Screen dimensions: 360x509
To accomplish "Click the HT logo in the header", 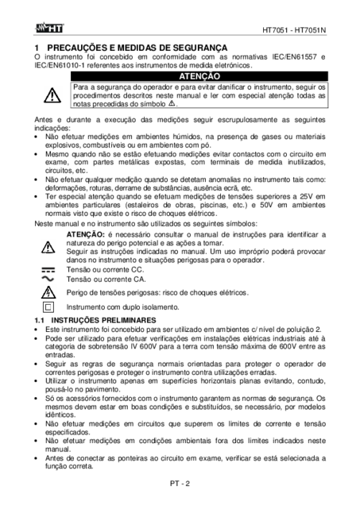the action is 48,29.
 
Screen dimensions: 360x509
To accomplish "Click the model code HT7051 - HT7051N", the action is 294,30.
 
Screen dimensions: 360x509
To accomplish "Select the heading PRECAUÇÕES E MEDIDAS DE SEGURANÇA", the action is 139,48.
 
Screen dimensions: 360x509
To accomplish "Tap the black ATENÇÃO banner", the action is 199,76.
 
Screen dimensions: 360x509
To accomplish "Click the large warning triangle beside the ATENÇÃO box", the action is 52,95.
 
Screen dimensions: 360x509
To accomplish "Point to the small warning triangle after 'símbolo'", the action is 172,103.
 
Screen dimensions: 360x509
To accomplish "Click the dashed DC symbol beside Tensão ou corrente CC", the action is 48,270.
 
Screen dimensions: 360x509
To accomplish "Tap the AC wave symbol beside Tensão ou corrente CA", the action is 48,279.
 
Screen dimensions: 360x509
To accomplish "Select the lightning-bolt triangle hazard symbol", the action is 48,292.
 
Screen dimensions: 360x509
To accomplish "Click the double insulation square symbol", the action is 48,307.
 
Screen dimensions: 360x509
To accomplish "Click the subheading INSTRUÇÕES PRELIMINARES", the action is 103,320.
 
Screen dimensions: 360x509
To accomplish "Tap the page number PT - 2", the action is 180,484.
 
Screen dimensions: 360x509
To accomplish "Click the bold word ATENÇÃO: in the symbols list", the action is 86,234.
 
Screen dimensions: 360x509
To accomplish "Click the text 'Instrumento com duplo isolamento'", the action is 122,307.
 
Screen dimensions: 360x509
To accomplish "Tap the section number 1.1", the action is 39,320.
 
